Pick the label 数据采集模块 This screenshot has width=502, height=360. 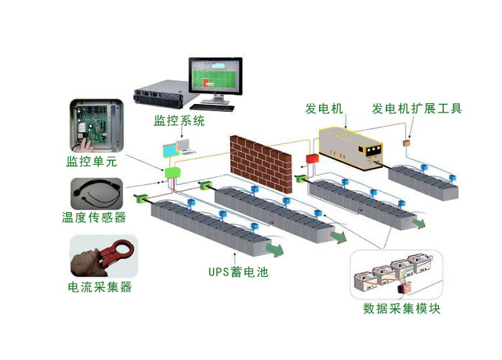(x=401, y=310)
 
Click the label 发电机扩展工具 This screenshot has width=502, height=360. (x=417, y=110)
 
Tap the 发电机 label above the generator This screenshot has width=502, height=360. (x=325, y=110)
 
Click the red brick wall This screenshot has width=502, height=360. (x=260, y=161)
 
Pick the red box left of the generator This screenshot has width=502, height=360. (x=312, y=157)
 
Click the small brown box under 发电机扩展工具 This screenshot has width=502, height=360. (x=407, y=143)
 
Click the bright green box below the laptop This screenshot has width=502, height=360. (x=172, y=172)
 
